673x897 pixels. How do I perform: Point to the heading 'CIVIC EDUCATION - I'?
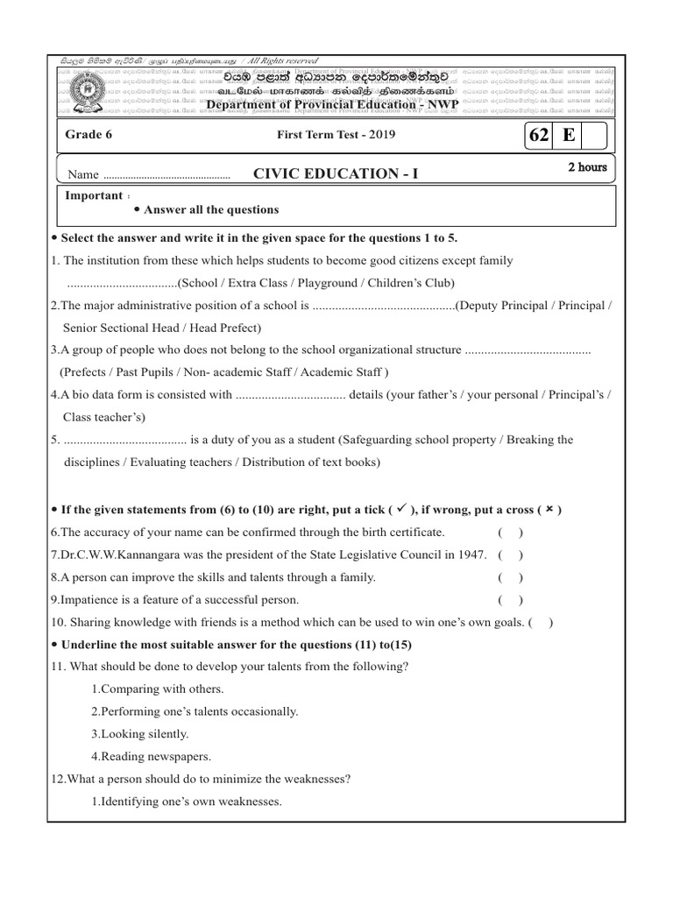click(336, 173)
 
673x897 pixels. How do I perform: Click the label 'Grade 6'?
click(89, 135)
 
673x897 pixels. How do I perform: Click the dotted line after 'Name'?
click(166, 176)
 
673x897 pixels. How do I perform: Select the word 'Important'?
click(93, 195)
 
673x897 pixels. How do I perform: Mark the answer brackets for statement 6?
click(510, 532)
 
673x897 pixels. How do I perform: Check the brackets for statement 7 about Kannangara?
click(510, 554)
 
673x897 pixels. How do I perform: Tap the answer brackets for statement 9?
click(510, 600)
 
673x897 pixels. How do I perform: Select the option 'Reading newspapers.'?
click(151, 756)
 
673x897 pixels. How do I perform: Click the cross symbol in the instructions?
click(549, 509)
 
